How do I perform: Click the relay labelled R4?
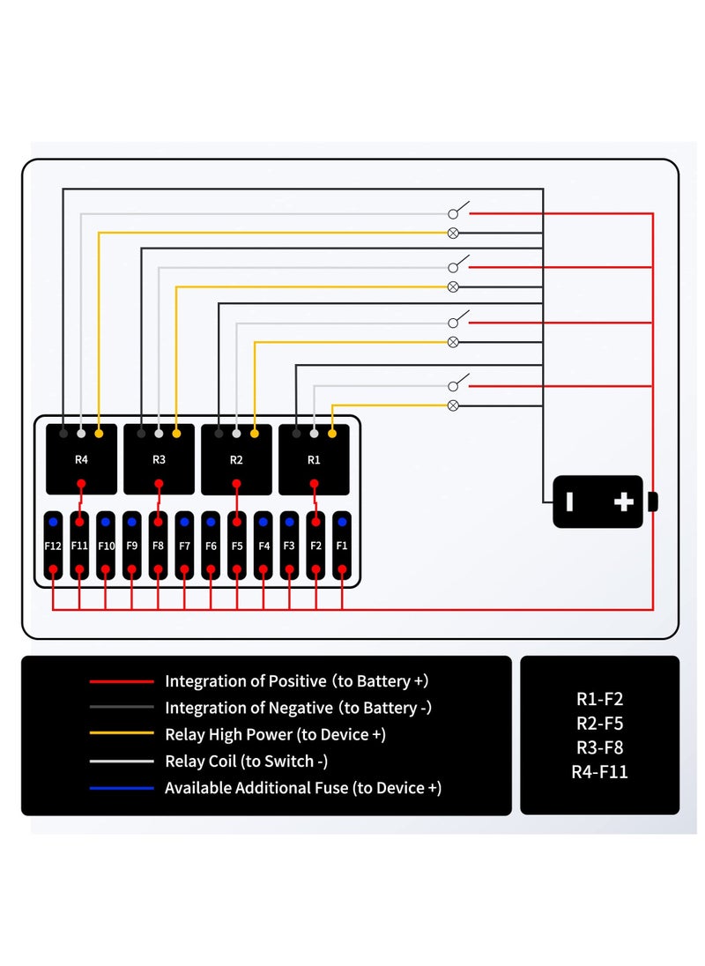pos(81,459)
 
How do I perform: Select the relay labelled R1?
pos(314,459)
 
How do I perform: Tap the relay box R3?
pos(159,459)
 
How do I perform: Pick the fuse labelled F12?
pos(53,546)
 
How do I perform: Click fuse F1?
pos(342,546)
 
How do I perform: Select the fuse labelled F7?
pos(184,546)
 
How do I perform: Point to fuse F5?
pos(237,546)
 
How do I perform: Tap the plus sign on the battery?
pos(624,502)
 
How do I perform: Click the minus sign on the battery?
pos(570,502)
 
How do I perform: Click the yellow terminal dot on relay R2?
pos(255,434)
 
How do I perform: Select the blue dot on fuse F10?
pos(106,523)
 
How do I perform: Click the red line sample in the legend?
pos(121,681)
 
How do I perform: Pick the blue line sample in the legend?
pos(121,788)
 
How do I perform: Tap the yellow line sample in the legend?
pos(121,734)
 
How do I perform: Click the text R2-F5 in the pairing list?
pos(599,724)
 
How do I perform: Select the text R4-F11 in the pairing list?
pos(599,773)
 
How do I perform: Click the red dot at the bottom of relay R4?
pos(81,483)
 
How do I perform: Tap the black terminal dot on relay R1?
pos(296,434)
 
